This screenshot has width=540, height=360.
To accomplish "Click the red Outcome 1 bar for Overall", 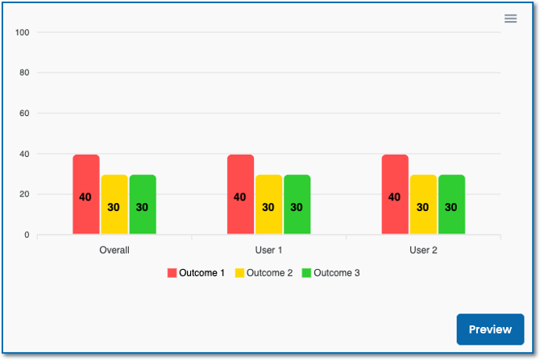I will pyautogui.click(x=86, y=194).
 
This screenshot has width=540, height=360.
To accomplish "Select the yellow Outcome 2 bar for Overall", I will pyautogui.click(x=114, y=205).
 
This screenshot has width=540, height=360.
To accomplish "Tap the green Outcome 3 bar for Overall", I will pyautogui.click(x=142, y=205).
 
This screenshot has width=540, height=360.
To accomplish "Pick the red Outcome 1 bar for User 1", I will pyautogui.click(x=240, y=194).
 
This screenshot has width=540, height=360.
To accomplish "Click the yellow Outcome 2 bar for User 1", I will pyautogui.click(x=268, y=205).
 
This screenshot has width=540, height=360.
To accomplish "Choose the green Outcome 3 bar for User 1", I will pyautogui.click(x=297, y=205).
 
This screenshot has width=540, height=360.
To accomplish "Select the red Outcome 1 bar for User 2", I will pyautogui.click(x=395, y=194).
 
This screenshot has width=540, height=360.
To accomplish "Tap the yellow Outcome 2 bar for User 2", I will pyautogui.click(x=423, y=205).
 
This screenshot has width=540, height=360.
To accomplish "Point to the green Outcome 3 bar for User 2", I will pyautogui.click(x=451, y=205).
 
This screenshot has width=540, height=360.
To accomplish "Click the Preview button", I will pyautogui.click(x=490, y=329).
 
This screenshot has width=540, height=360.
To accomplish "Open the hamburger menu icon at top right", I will pyautogui.click(x=510, y=19).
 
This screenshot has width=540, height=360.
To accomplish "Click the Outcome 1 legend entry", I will pyautogui.click(x=196, y=273).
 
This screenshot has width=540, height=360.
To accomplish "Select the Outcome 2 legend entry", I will pyautogui.click(x=264, y=273).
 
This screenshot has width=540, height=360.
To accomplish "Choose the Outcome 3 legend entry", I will pyautogui.click(x=330, y=273).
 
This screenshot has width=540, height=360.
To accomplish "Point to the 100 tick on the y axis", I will pyautogui.click(x=22, y=32).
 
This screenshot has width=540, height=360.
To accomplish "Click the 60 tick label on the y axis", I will pyautogui.click(x=24, y=114).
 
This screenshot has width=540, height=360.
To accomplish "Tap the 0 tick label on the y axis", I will pyautogui.click(x=27, y=235).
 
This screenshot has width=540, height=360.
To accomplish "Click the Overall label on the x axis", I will pyautogui.click(x=114, y=250).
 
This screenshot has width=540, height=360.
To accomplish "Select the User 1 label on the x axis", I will pyautogui.click(x=268, y=250).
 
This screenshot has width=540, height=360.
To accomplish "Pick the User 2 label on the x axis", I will pyautogui.click(x=423, y=250).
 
